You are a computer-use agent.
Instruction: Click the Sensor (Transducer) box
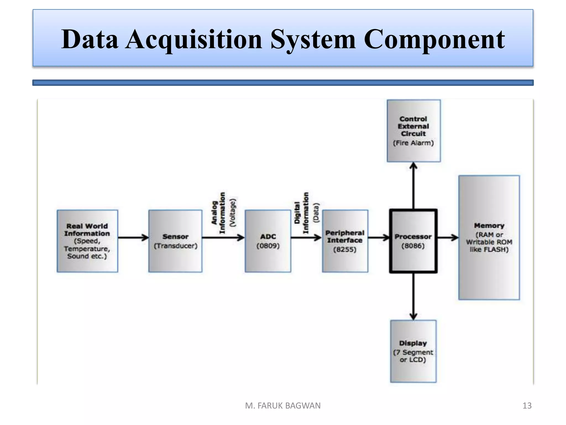click(175, 241)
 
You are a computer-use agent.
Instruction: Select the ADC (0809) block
click(268, 241)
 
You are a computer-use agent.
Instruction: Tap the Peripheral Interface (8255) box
click(345, 241)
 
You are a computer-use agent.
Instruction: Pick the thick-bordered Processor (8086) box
click(413, 241)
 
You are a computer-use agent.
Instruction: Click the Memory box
click(489, 238)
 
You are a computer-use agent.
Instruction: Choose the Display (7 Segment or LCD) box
click(413, 351)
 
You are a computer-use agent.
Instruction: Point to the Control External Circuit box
click(413, 131)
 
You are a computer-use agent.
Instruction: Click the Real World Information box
click(87, 241)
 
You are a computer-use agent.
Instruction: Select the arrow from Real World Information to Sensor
click(133, 238)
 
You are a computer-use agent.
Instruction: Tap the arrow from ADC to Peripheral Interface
click(306, 238)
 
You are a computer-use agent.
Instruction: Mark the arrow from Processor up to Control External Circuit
click(413, 185)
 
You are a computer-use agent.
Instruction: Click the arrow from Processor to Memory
click(448, 238)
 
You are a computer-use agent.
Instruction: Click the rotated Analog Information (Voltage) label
click(223, 212)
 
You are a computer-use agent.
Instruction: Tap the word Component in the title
click(434, 39)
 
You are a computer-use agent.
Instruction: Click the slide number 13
click(527, 406)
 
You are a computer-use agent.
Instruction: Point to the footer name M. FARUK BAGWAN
click(283, 406)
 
